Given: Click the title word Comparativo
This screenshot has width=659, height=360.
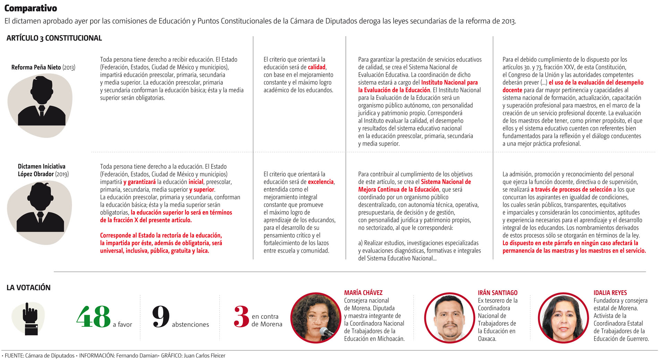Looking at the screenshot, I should click(x=31, y=8).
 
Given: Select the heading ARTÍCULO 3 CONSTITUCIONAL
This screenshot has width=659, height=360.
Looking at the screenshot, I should click(x=54, y=38).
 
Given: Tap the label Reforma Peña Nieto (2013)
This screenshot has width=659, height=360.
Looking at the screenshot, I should click(x=43, y=67).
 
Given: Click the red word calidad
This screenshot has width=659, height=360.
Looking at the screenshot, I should click(x=317, y=67).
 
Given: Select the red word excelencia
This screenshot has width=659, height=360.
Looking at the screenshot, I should click(x=321, y=182).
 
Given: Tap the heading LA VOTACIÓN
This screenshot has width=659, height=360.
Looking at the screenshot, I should click(x=28, y=288).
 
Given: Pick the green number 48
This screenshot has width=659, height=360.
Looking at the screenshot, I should click(x=93, y=317).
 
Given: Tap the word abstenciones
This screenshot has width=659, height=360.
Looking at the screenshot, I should click(x=190, y=325).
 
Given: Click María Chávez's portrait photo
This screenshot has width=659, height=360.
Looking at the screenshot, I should click(x=316, y=318).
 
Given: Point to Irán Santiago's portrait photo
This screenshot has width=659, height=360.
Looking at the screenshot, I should click(x=450, y=318).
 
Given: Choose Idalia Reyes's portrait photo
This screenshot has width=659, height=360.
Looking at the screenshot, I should click(x=563, y=318).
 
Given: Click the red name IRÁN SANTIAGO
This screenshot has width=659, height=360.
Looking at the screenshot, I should click(x=497, y=293).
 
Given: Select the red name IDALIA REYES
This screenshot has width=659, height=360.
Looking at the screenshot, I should click(x=610, y=293).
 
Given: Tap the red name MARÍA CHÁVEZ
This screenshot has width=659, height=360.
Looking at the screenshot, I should click(x=363, y=293).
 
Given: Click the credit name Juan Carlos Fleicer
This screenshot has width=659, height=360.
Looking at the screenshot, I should click(x=204, y=355).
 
